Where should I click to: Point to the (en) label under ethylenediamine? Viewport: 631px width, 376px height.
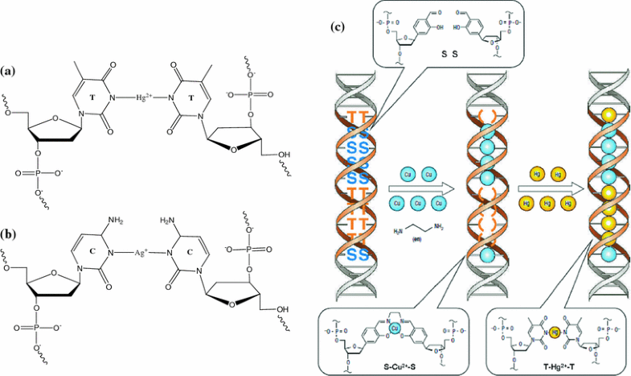[x=418, y=239]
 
